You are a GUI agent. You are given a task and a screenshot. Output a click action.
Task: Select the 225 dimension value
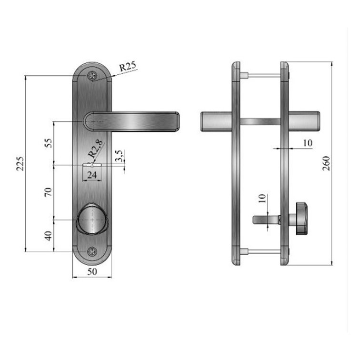point(20,164)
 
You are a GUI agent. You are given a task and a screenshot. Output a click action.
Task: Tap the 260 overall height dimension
point(326,163)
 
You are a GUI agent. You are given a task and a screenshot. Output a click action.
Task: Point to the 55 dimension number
point(48,143)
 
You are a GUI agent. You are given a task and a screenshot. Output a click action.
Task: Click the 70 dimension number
point(48,192)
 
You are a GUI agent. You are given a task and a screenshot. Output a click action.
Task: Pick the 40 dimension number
point(48,236)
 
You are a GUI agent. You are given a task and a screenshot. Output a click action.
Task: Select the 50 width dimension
point(92,271)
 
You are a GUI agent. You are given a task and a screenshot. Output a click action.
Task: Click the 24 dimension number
point(92,175)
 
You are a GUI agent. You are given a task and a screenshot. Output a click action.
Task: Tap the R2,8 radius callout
point(96,149)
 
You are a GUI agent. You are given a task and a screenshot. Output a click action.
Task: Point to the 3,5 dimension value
point(120,156)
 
